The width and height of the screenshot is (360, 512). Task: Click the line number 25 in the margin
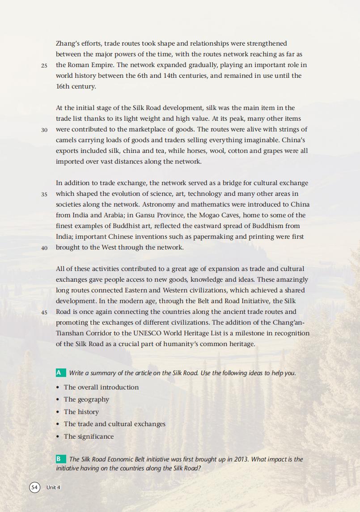[x=44, y=65]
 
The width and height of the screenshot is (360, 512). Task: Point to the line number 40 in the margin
[x=44, y=248]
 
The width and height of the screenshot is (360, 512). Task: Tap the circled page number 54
[x=34, y=487]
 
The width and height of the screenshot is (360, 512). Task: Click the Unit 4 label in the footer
[x=53, y=487]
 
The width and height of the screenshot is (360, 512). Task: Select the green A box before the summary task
[x=59, y=373]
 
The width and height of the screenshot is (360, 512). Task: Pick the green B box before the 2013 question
[x=59, y=459]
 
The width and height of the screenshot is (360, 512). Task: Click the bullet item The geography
[x=86, y=399]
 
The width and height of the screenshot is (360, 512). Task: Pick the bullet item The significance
[x=89, y=436]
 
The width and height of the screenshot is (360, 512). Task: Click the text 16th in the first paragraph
[x=63, y=86]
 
